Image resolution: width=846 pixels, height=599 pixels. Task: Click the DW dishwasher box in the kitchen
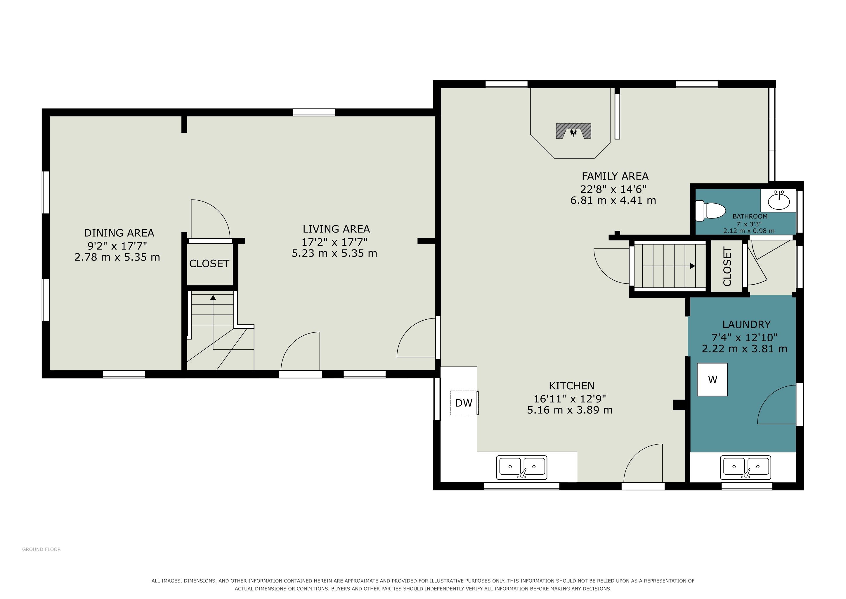click(x=464, y=403)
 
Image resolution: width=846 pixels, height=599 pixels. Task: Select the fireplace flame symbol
click(x=573, y=132)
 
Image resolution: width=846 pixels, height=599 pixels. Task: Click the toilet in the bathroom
click(x=710, y=211)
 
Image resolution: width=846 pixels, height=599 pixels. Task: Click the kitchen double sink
click(x=522, y=467)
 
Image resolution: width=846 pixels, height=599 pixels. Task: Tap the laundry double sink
click(x=746, y=468)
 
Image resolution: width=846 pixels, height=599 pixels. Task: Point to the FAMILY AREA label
click(x=615, y=176)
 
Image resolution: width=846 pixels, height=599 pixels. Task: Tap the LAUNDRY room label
click(x=746, y=325)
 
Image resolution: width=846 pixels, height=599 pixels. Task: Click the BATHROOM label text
click(x=750, y=216)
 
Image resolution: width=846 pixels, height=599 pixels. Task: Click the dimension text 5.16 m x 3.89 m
click(x=570, y=410)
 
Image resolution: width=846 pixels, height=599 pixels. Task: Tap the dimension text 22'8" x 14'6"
click(x=613, y=189)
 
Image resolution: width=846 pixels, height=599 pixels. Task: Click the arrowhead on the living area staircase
click(x=213, y=297)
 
